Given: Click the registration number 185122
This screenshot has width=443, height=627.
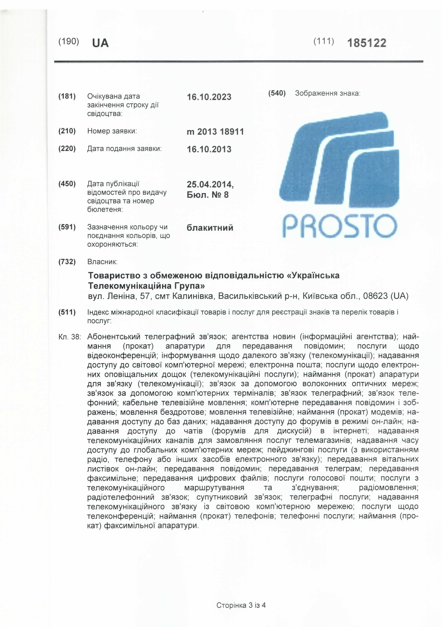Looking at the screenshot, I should [x=367, y=43].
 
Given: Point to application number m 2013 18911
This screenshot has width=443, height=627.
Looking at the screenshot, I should [x=215, y=132].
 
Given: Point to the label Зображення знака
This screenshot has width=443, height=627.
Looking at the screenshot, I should [x=327, y=93].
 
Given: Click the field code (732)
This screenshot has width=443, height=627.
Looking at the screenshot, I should [x=67, y=262].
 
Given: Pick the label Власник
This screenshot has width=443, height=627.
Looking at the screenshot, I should [x=102, y=262].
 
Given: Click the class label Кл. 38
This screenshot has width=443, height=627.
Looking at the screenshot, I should [x=70, y=337].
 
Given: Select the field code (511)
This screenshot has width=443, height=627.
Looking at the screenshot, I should [x=67, y=312].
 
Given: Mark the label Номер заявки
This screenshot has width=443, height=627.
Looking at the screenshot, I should [x=112, y=131].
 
